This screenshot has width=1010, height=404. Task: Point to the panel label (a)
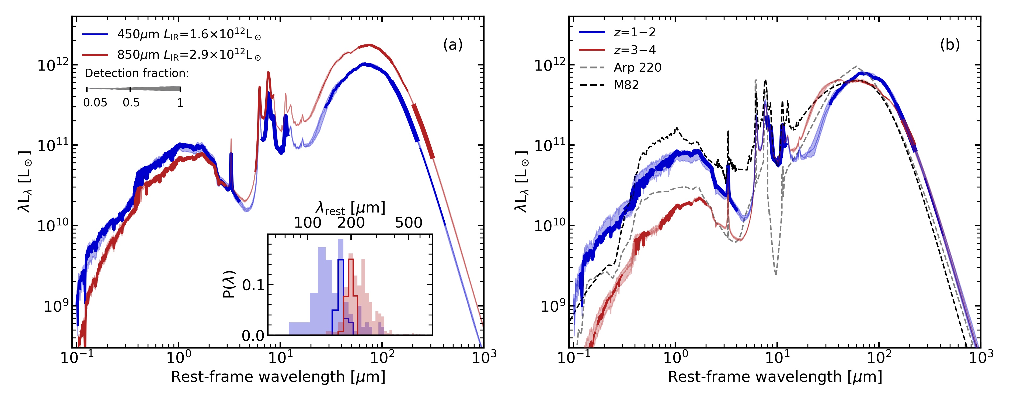(452, 45)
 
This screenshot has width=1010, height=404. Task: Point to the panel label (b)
(950, 45)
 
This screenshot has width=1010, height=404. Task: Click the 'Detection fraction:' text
(137, 73)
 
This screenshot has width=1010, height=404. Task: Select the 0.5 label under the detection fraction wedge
(131, 103)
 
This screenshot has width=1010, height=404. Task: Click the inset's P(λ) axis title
(229, 284)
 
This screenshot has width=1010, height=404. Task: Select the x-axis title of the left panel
(278, 377)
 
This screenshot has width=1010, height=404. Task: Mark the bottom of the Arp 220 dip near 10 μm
(775, 274)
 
